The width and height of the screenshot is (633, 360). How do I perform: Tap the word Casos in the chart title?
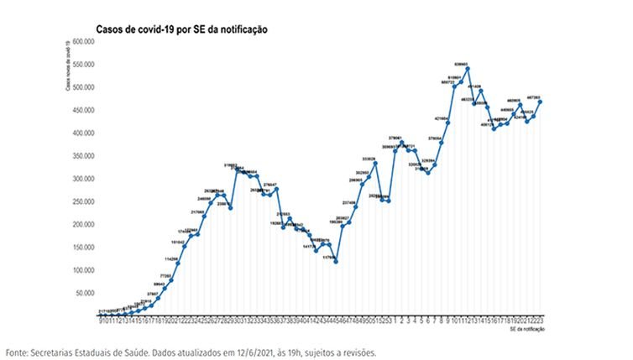tap(110, 29)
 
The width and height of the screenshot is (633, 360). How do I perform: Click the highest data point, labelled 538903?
tap(467, 69)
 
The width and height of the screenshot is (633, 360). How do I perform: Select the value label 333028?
tap(369, 159)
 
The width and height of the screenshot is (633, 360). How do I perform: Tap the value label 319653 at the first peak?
tap(232, 165)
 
